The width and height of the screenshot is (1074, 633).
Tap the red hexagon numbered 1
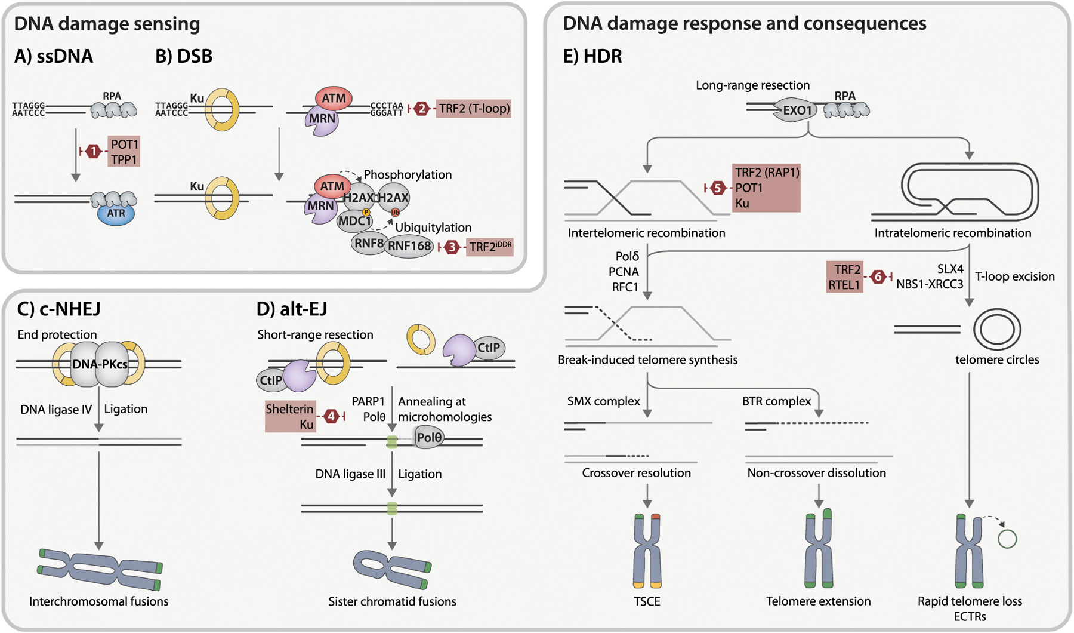(x=93, y=152)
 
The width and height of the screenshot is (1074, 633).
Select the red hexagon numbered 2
(x=422, y=109)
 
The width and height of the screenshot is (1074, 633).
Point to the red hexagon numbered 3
(x=452, y=247)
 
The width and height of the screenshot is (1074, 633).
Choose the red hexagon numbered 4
(x=331, y=416)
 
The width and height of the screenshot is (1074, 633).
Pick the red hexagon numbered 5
(x=718, y=188)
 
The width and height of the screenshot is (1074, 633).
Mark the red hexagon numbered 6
(x=878, y=276)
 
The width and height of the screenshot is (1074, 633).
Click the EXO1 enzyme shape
(x=798, y=110)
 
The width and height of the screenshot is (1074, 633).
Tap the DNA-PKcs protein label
(x=100, y=364)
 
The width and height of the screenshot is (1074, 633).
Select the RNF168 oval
(x=409, y=246)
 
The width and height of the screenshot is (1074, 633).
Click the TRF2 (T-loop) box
(x=474, y=109)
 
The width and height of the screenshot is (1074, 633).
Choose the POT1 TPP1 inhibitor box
(x=124, y=152)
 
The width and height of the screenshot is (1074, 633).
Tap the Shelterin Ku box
(x=290, y=416)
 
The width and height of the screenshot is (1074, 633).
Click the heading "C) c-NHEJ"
(x=58, y=309)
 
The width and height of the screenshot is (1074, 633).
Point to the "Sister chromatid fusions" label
(x=392, y=601)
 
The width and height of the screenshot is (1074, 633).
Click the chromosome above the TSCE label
(x=647, y=551)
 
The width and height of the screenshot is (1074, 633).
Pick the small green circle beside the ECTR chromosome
(x=1007, y=539)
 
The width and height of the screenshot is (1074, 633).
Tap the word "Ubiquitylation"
(x=433, y=228)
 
